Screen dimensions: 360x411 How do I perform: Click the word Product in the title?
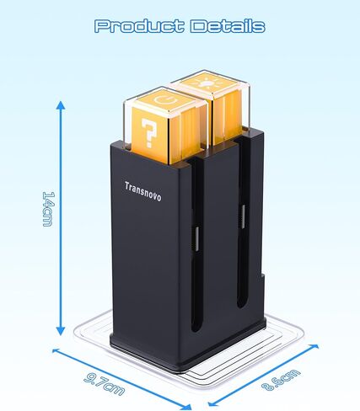pos(139,26)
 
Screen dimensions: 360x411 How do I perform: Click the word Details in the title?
pos(228,26)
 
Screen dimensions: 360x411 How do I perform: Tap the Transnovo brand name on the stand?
pos(143,192)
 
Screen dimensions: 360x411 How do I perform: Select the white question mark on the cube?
pos(149,132)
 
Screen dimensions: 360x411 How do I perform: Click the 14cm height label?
pos(48,209)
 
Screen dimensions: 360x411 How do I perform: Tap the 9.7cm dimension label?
pos(105,384)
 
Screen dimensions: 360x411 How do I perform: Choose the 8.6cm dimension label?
pos(281,380)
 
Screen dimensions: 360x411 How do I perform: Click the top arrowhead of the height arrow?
pos(61,105)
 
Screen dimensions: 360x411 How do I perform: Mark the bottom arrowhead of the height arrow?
pos(61,331)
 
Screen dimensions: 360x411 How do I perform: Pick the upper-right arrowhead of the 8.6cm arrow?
pos(314,346)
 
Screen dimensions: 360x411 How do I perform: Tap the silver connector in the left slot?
pos(197,238)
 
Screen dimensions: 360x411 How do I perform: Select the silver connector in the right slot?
pos(243,216)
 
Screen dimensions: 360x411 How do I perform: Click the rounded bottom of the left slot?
pos(196,328)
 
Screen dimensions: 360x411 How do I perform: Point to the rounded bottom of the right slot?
pos(241,305)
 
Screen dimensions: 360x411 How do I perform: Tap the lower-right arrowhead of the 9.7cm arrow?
pos(186,406)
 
